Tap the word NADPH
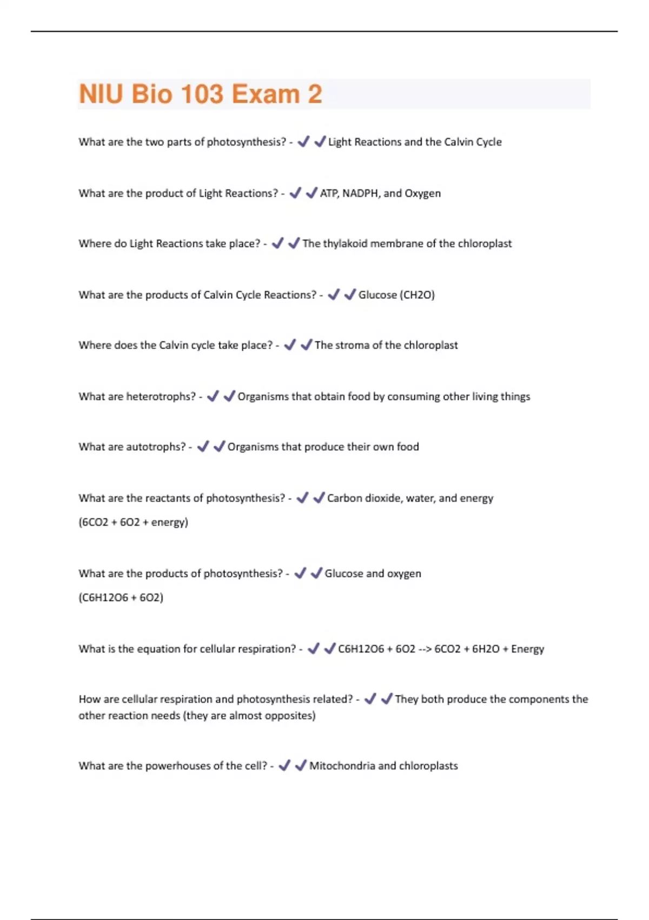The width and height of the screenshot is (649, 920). pos(360,193)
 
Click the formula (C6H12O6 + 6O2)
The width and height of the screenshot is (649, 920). pos(121,597)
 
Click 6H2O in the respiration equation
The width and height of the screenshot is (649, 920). pos(486,649)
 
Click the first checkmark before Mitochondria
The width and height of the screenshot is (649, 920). pos(284,765)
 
